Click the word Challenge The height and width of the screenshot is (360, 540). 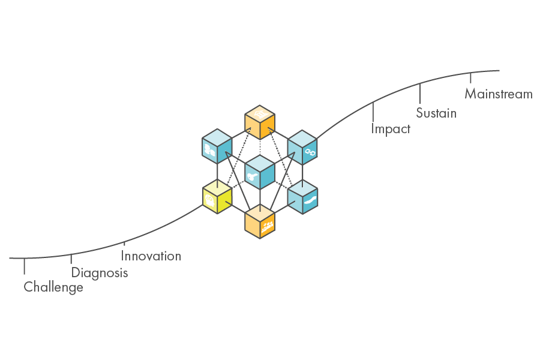click(x=53, y=287)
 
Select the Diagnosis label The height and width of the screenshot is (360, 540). click(x=100, y=272)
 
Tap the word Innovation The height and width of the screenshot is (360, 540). click(x=151, y=256)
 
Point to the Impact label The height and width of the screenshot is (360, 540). click(x=391, y=129)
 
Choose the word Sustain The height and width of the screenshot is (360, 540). click(x=436, y=113)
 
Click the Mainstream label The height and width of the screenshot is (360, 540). click(x=499, y=94)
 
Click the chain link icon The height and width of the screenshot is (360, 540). click(x=310, y=152)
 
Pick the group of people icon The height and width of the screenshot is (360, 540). click(x=268, y=226)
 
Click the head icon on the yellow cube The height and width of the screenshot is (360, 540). click(x=209, y=199)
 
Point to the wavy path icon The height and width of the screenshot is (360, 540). click(x=311, y=200)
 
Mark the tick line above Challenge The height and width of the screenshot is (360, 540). click(x=25, y=266)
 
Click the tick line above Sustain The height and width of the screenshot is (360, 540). click(x=420, y=94)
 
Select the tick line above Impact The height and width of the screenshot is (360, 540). click(x=373, y=112)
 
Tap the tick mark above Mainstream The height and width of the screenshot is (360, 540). click(x=470, y=78)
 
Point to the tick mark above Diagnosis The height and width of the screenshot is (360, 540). click(x=71, y=259)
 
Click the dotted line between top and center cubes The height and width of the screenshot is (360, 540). click(x=260, y=148)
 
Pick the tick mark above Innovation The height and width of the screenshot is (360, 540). click(x=124, y=244)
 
